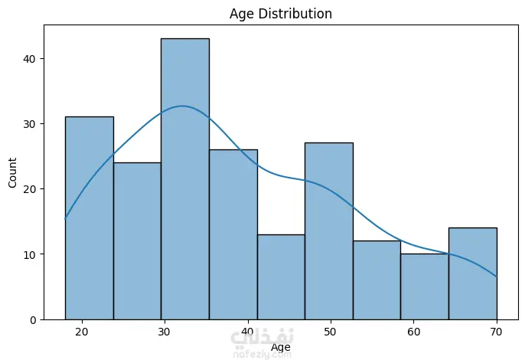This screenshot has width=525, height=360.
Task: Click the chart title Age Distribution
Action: click(x=281, y=14)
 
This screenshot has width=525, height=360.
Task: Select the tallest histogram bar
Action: click(x=185, y=179)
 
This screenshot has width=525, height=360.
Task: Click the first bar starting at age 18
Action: click(x=90, y=218)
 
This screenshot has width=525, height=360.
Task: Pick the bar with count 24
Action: click(x=137, y=241)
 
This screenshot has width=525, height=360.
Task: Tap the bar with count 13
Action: click(x=282, y=277)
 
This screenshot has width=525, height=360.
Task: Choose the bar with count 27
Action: click(x=329, y=231)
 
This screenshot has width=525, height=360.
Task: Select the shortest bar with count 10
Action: click(x=425, y=286)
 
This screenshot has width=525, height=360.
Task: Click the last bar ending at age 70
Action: click(x=473, y=274)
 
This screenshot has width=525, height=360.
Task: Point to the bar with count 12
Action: click(x=377, y=280)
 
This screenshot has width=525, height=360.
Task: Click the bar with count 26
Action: click(x=233, y=234)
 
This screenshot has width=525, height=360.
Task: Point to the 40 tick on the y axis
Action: click(x=29, y=59)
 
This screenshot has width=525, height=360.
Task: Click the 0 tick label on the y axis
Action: click(x=33, y=320)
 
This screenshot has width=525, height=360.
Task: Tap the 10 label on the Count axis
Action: click(x=29, y=255)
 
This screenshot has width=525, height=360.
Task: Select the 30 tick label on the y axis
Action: click(x=29, y=124)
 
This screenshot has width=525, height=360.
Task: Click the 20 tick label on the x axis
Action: click(x=81, y=332)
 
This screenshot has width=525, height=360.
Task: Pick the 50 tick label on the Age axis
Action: click(x=330, y=332)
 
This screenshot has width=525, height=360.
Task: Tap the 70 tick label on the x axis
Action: click(x=496, y=332)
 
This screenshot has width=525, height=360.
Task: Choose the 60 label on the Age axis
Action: click(x=413, y=332)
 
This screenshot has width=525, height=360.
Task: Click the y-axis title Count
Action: click(x=12, y=172)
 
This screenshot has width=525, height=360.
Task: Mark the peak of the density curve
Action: click(x=182, y=106)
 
